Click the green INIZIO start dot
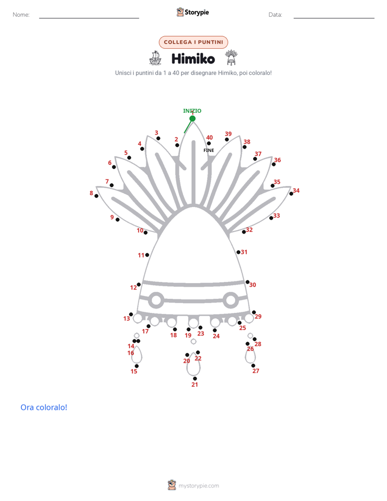(192, 119)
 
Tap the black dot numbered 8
(96, 196)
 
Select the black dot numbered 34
(291, 194)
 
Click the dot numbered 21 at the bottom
(195, 378)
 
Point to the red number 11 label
(141, 255)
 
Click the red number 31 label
(244, 252)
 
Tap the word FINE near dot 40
(209, 150)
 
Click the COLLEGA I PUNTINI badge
(193, 42)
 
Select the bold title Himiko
(193, 59)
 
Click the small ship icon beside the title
(155, 58)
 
